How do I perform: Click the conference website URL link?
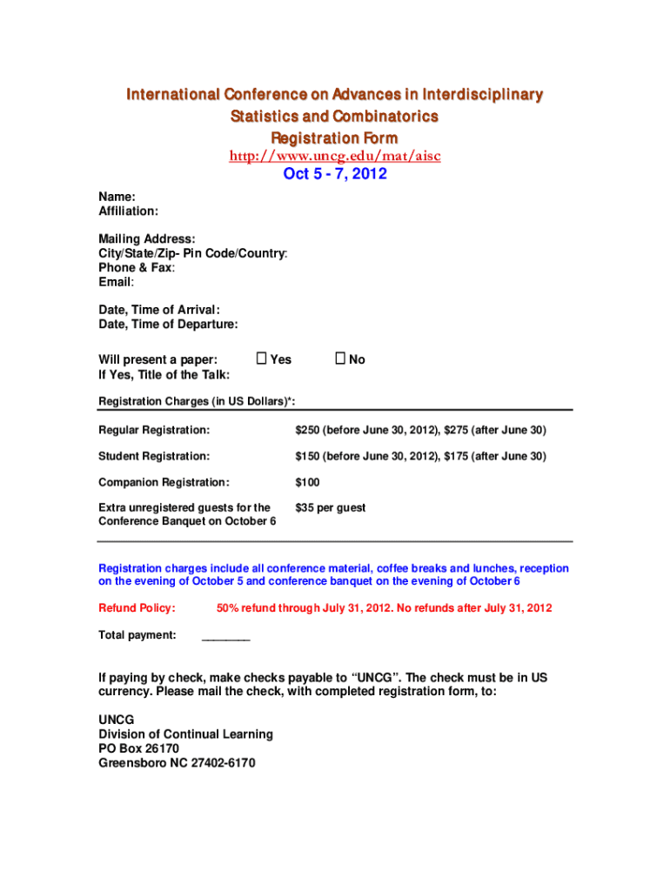tap(334, 156)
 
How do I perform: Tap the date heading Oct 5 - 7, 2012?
tap(335, 174)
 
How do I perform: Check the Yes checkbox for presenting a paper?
tap(261, 358)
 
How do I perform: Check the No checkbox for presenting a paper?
tap(340, 358)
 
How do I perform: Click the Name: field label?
tap(117, 198)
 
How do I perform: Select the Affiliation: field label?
tap(128, 211)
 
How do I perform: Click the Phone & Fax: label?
tap(137, 268)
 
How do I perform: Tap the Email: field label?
tap(116, 283)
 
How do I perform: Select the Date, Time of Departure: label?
tap(168, 325)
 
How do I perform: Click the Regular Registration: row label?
tap(154, 431)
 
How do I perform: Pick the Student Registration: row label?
tap(154, 456)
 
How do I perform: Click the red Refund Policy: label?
tap(137, 608)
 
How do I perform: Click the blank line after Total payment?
tap(225, 638)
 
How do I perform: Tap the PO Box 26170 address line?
tap(138, 748)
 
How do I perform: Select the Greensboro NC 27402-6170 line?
tap(177, 763)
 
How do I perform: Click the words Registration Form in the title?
tap(334, 138)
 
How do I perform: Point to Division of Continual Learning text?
tap(185, 734)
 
